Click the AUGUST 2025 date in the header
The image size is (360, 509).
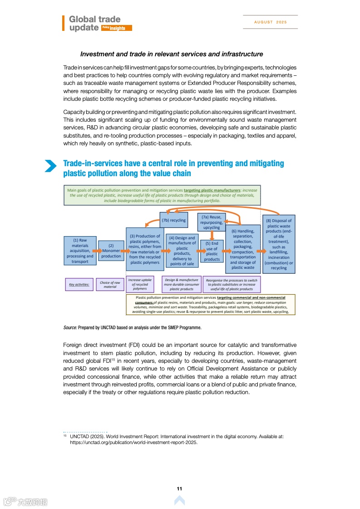coord(271,22)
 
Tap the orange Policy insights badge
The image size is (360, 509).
coord(117,28)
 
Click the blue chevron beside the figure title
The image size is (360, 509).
coord(50,166)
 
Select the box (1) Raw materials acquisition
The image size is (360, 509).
coord(80,251)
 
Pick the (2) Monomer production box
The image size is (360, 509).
coord(111,251)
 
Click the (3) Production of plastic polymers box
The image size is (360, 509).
coord(145,249)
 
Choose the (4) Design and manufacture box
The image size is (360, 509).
coord(182,251)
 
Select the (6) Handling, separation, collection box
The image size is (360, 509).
coord(243,249)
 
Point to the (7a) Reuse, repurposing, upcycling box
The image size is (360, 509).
coord(212,222)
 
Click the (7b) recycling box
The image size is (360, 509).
coord(174,220)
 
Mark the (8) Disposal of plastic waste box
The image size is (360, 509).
coord(279,244)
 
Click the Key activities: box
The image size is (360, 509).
coord(79,285)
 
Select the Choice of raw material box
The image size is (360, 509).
coord(110,285)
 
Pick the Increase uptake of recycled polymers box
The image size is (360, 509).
coord(140,284)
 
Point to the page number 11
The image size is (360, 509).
coord(179,489)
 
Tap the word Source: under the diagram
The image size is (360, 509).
coord(70,327)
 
